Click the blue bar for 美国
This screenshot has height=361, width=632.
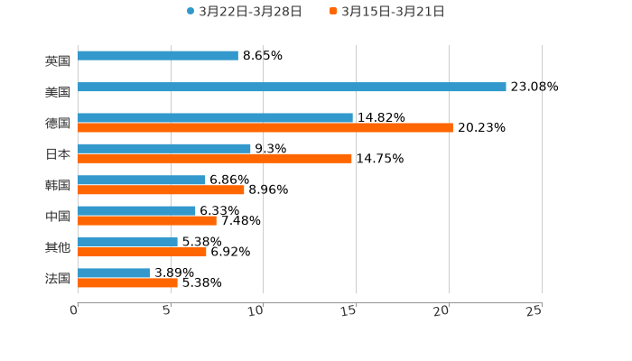(292, 88)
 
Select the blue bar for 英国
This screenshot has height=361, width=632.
(158, 56)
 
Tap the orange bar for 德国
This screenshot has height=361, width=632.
(265, 128)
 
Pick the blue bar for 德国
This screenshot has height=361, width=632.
(215, 117)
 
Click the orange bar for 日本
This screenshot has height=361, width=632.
(215, 159)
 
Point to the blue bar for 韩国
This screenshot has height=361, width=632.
(142, 180)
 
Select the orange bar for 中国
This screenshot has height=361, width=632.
(147, 220)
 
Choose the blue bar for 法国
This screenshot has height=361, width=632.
(114, 273)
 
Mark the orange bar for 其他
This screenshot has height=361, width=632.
(142, 252)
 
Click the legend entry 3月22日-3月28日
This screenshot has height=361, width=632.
(244, 12)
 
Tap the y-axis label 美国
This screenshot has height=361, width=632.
(58, 92)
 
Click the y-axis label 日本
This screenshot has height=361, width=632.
(58, 153)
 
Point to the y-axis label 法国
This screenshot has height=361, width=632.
(58, 278)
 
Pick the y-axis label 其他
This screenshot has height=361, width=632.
(58, 247)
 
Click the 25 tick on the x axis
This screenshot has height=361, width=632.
(534, 310)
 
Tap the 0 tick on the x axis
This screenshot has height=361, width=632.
(74, 310)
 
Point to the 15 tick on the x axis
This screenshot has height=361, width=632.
(349, 310)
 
